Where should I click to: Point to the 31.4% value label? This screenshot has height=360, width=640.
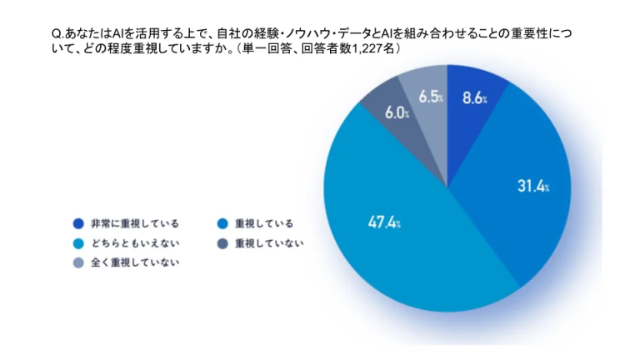click(x=532, y=187)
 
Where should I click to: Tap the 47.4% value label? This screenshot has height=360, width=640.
click(x=384, y=222)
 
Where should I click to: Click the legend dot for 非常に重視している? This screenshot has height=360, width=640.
click(x=77, y=223)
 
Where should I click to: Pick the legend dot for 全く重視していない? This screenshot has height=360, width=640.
click(x=77, y=262)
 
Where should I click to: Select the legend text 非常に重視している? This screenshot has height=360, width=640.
click(x=125, y=223)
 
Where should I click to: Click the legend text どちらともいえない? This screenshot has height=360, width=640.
click(x=125, y=243)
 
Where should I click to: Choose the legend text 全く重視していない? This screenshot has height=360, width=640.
click(x=125, y=262)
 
